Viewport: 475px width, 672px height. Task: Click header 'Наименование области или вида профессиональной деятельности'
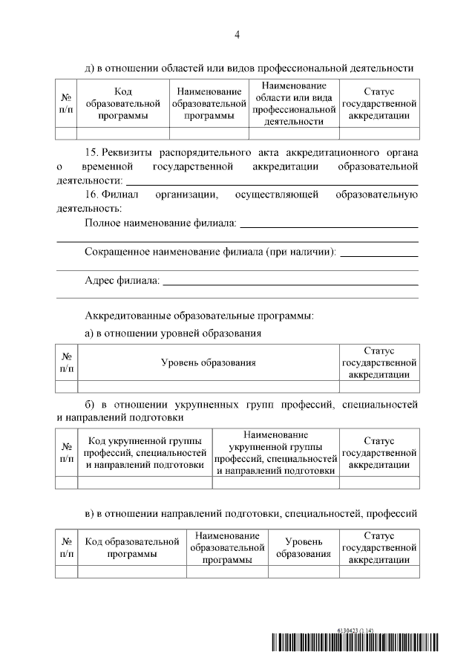[294, 104]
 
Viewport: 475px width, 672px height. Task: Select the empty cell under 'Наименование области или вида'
[294, 134]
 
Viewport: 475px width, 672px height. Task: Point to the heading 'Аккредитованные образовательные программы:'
[199, 316]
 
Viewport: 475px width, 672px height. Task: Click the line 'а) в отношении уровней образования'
[173, 333]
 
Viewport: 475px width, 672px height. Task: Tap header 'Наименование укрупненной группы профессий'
[275, 451]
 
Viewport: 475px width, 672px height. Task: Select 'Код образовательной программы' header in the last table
[132, 547]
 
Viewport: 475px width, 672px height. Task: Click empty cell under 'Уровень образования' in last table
[303, 572]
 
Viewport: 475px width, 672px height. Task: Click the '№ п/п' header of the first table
[66, 104]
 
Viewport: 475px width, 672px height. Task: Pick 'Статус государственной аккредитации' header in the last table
[379, 547]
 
